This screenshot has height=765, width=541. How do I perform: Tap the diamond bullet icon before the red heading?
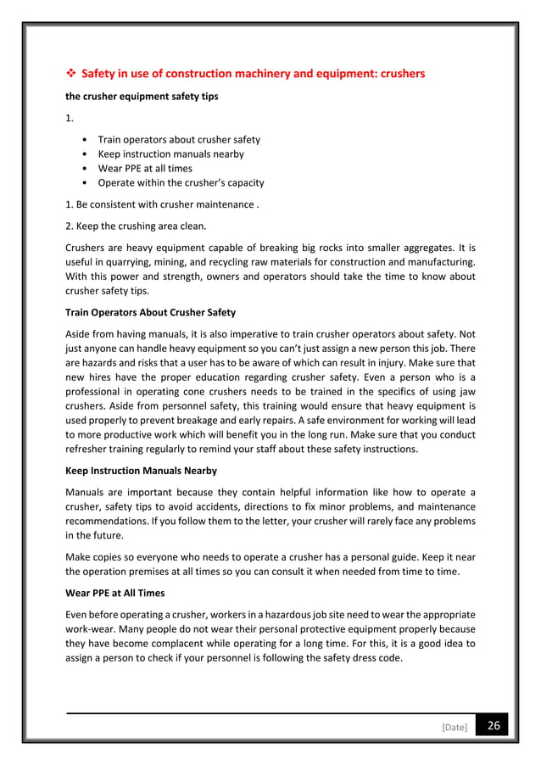pyautogui.click(x=70, y=74)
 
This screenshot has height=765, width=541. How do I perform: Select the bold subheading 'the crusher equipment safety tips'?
pyautogui.click(x=142, y=97)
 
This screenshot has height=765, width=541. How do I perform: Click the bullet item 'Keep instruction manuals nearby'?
pyautogui.click(x=170, y=154)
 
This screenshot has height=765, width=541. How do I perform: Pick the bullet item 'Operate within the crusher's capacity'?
pyautogui.click(x=181, y=182)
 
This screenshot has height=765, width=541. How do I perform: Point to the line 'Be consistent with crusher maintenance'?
pyautogui.click(x=166, y=205)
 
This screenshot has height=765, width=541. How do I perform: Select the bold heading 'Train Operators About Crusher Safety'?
pyautogui.click(x=150, y=313)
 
